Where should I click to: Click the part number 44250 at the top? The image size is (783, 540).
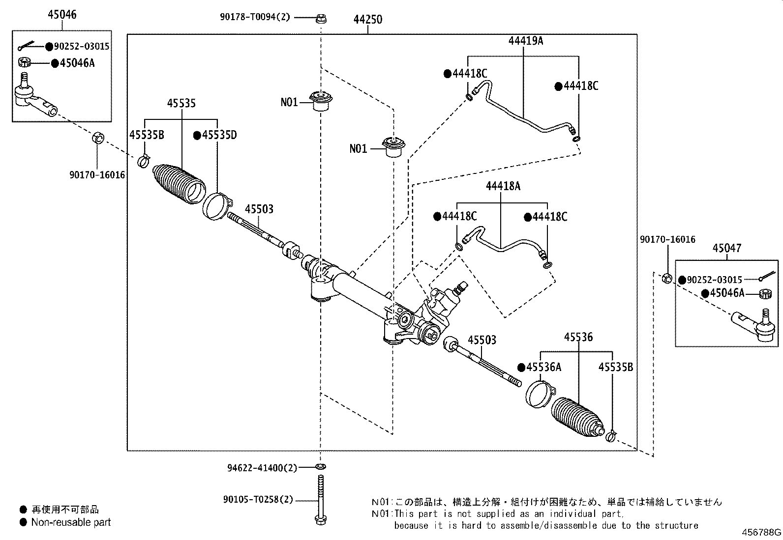(367, 20)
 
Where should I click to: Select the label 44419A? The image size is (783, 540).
(525, 41)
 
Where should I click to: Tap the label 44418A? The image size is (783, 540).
(503, 186)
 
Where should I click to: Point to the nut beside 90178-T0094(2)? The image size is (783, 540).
(321, 19)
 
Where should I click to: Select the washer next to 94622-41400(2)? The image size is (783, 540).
(321, 466)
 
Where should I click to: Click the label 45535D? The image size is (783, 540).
(218, 135)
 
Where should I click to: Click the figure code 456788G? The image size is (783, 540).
(761, 533)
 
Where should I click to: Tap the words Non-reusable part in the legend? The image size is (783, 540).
(71, 522)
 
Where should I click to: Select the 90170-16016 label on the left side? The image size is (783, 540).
(97, 175)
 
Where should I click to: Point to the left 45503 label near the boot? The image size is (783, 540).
(259, 209)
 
